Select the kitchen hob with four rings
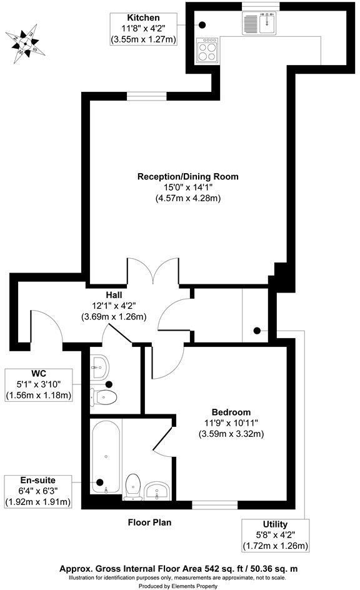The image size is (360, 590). pyautogui.click(x=207, y=51)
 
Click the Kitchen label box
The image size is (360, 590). pyautogui.click(x=143, y=28)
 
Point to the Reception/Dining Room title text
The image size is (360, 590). pyautogui.click(x=188, y=176)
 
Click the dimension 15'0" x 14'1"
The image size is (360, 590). pyautogui.click(x=188, y=187)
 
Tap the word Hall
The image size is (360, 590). pyautogui.click(x=113, y=294)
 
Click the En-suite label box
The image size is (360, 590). pyautogui.click(x=37, y=491)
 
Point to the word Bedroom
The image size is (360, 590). pyautogui.click(x=231, y=412)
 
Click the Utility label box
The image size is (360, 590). pyautogui.click(x=275, y=535)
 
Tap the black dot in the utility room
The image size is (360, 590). pyautogui.click(x=256, y=331)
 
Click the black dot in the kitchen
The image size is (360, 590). pyautogui.click(x=203, y=25)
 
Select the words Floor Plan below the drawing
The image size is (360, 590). pyautogui.click(x=149, y=522)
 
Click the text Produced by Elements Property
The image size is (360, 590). pyautogui.click(x=179, y=586)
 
